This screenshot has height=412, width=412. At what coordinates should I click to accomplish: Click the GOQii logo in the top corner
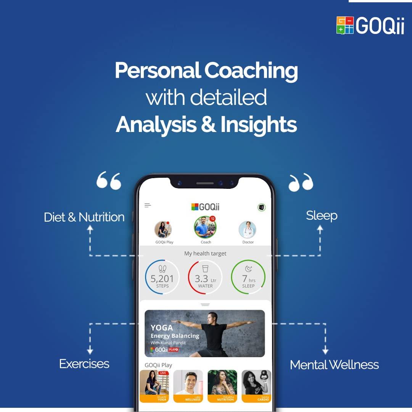tap(370, 26)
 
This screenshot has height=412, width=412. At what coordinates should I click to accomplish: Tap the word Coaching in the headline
tap(251, 71)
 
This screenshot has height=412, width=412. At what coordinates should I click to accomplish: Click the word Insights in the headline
tap(258, 124)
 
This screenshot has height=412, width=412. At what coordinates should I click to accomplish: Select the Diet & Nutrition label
tap(84, 217)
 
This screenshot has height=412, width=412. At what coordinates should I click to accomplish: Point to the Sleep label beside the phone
tap(322, 216)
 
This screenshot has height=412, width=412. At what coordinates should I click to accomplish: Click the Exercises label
tap(84, 364)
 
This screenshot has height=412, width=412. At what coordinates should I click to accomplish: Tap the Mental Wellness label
tap(334, 365)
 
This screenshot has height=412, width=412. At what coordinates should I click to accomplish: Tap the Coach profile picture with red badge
tap(205, 227)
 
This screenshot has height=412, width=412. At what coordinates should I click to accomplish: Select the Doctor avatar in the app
tap(248, 230)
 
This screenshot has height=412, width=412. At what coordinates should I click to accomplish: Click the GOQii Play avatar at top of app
tap(163, 230)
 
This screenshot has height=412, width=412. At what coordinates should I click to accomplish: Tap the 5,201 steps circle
tap(162, 277)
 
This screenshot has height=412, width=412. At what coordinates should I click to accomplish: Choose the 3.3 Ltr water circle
tap(205, 277)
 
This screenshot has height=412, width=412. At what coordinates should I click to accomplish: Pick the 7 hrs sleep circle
tap(248, 277)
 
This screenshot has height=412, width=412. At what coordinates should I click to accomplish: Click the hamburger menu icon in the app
tap(148, 206)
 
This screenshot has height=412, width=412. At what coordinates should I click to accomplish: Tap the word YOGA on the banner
tap(162, 327)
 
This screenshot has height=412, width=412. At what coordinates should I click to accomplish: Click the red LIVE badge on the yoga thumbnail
tap(163, 373)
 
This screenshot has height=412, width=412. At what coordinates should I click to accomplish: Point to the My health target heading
tap(205, 253)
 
